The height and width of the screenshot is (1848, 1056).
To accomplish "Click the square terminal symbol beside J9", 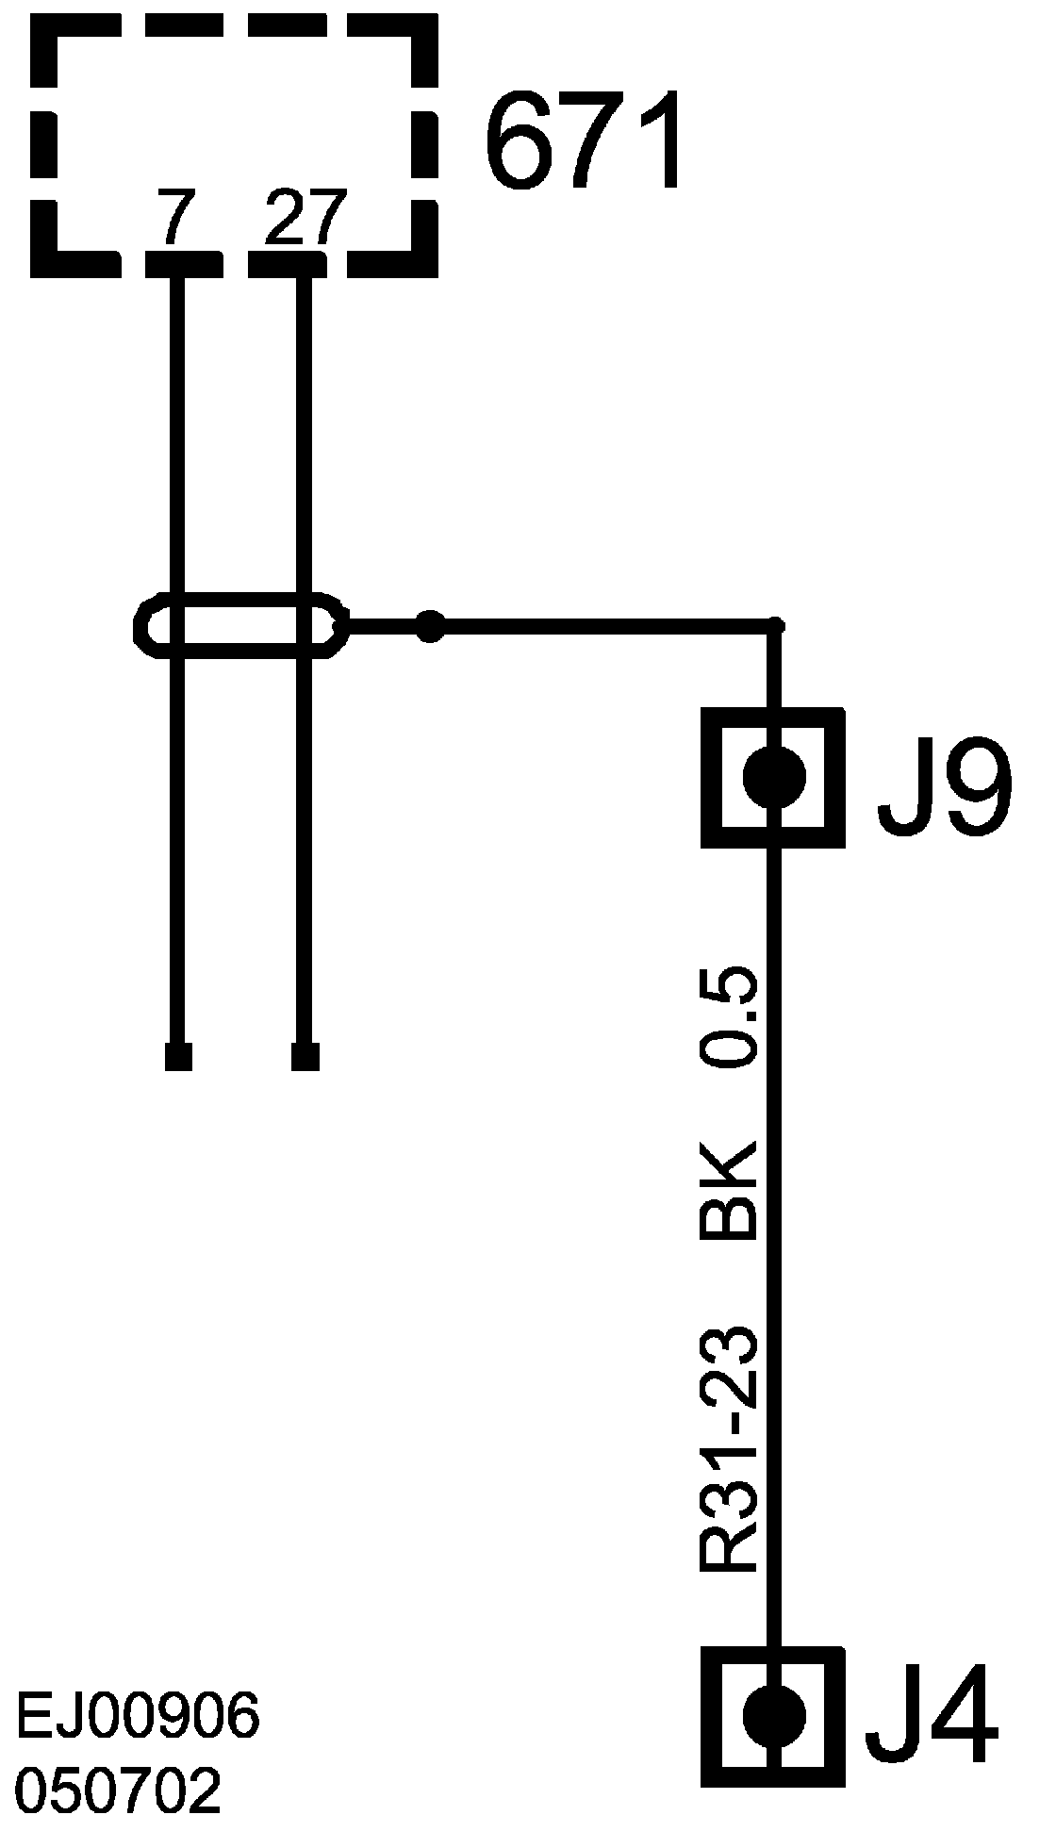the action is point(774,779).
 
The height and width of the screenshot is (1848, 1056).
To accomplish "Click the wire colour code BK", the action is point(729,1189).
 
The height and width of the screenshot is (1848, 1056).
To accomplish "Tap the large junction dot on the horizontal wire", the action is point(430,625).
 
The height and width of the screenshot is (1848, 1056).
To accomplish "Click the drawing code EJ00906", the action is point(138,1718).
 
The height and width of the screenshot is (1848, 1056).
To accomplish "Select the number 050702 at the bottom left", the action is point(119,1790).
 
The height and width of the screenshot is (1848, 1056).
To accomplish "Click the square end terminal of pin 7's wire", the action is point(178,1057).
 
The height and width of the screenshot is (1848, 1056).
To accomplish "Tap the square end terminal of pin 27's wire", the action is point(305,1057).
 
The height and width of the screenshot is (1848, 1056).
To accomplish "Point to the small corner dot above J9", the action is point(775,624).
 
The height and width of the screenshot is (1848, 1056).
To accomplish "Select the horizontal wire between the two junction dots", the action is point(603,624).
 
